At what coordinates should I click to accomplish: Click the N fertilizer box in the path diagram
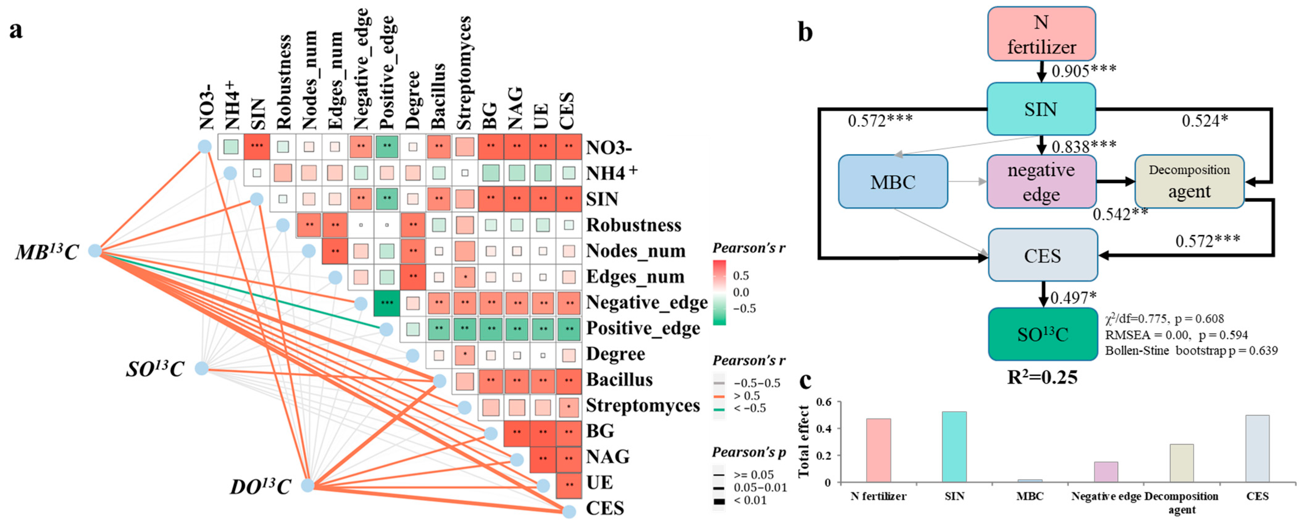pyautogui.click(x=1041, y=34)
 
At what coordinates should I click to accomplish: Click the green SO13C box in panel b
pyautogui.click(x=1043, y=334)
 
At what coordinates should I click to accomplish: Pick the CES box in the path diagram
pyautogui.click(x=1043, y=255)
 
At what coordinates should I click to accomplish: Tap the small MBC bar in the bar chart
pyautogui.click(x=1030, y=480)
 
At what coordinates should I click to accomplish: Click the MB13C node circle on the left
pyautogui.click(x=95, y=250)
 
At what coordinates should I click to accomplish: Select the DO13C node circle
pyautogui.click(x=307, y=485)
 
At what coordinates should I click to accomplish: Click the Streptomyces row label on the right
pyautogui.click(x=642, y=405)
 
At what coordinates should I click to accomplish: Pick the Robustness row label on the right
pyautogui.click(x=633, y=225)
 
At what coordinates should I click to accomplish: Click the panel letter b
pyautogui.click(x=805, y=31)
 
